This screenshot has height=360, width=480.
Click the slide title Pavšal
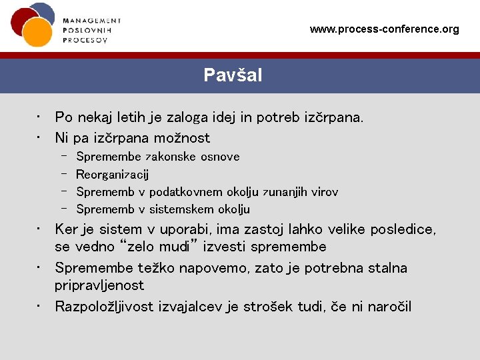coord(233,75)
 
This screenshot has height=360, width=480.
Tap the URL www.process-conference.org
coord(385,29)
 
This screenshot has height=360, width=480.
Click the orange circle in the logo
coord(37,31)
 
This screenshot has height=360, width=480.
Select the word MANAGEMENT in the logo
coord(92,21)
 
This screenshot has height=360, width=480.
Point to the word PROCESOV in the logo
coord(85,39)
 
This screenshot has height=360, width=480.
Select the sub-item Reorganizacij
coord(113,175)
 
